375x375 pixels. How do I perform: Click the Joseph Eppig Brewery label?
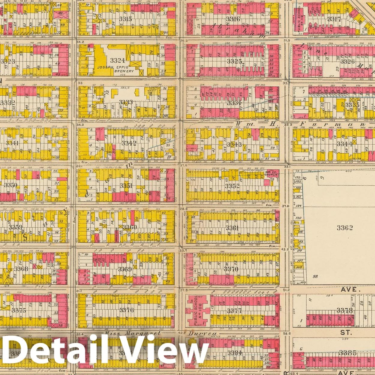click(115, 69)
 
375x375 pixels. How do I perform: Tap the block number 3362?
click(344, 228)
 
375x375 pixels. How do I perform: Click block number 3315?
click(125, 19)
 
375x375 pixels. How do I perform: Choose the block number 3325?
click(234, 61)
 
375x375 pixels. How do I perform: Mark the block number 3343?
click(234, 145)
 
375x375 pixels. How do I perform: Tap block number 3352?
click(232, 186)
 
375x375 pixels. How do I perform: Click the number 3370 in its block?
click(231, 269)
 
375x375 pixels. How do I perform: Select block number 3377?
click(234, 311)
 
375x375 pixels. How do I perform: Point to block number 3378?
click(344, 310)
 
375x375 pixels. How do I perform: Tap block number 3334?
click(234, 103)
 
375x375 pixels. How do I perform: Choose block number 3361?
click(232, 228)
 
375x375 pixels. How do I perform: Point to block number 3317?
click(334, 19)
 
